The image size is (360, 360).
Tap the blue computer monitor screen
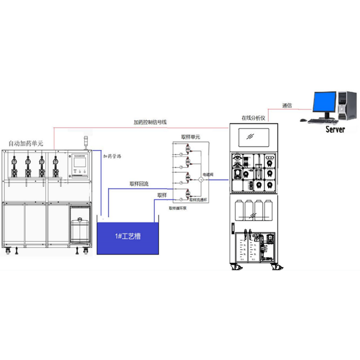324,103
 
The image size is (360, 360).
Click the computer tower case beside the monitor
347,105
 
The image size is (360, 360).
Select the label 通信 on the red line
287,105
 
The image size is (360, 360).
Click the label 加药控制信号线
151,122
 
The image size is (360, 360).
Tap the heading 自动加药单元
26,144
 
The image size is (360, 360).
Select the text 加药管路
112,157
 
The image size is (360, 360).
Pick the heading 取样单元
190,136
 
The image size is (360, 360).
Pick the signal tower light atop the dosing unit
87,140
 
